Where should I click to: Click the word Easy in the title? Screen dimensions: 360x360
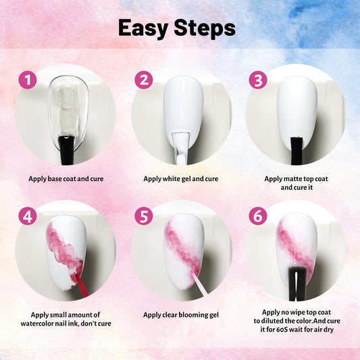click(x=143, y=28)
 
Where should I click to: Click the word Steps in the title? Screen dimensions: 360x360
click(x=205, y=28)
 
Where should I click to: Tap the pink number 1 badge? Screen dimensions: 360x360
click(x=28, y=80)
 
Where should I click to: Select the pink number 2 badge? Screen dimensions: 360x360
click(x=144, y=80)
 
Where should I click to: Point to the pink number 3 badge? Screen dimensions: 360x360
click(x=258, y=80)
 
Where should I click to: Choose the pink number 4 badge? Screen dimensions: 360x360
click(x=28, y=216)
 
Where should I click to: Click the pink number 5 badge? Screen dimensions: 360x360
click(x=144, y=216)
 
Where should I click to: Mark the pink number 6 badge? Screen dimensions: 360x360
click(x=258, y=216)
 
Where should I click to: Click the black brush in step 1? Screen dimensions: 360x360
click(x=67, y=151)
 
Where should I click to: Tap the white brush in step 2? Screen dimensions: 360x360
click(x=182, y=148)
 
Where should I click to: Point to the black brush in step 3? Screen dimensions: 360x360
click(x=297, y=151)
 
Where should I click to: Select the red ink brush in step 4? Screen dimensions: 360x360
click(x=82, y=286)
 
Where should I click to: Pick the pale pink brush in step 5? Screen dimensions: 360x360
click(x=200, y=284)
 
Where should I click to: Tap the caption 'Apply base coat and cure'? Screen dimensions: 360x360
click(x=66, y=179)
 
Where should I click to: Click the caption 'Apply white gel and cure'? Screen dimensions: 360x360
click(x=181, y=179)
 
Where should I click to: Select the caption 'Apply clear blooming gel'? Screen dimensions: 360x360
click(x=181, y=315)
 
